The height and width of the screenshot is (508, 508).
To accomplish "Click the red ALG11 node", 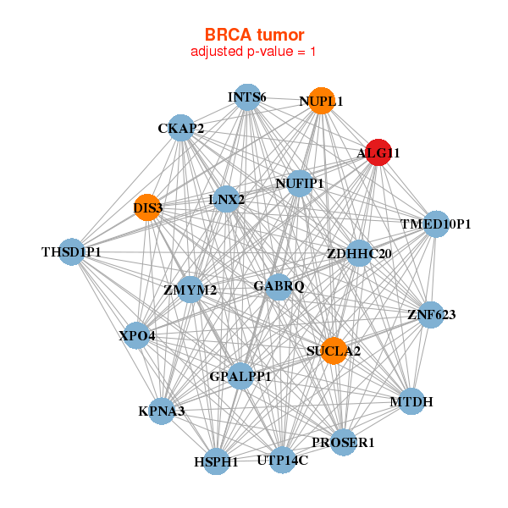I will pyautogui.click(x=377, y=153).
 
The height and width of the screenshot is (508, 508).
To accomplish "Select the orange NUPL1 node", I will pyautogui.click(x=320, y=101).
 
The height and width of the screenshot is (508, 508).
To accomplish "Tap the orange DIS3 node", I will pyautogui.click(x=147, y=207).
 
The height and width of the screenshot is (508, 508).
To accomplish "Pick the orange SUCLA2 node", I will pyautogui.click(x=334, y=351).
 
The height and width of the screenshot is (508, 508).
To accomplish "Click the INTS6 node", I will pyautogui.click(x=246, y=97).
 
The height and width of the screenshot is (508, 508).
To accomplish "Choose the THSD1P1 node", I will pyautogui.click(x=72, y=252).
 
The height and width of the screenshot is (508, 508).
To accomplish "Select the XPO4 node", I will pyautogui.click(x=137, y=335).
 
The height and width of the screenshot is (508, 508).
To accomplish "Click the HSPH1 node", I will pyautogui.click(x=217, y=461).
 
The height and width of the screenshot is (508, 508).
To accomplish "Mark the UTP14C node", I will pyautogui.click(x=282, y=461).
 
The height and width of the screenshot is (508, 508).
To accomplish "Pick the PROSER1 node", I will pyautogui.click(x=343, y=442).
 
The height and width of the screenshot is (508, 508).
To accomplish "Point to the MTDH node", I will pyautogui.click(x=411, y=401).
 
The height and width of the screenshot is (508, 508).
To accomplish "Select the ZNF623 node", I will pyautogui.click(x=431, y=315).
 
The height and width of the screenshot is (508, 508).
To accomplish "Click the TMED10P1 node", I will pyautogui.click(x=435, y=224).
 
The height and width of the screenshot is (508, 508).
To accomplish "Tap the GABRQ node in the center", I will pyautogui.click(x=279, y=286).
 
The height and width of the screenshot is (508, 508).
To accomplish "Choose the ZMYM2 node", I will pyautogui.click(x=190, y=290).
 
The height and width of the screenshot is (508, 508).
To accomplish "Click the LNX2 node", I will pyautogui.click(x=226, y=200).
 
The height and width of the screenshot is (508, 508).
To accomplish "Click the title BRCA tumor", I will pyautogui.click(x=254, y=35).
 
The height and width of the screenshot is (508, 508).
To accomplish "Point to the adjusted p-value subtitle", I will pyautogui.click(x=253, y=52).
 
